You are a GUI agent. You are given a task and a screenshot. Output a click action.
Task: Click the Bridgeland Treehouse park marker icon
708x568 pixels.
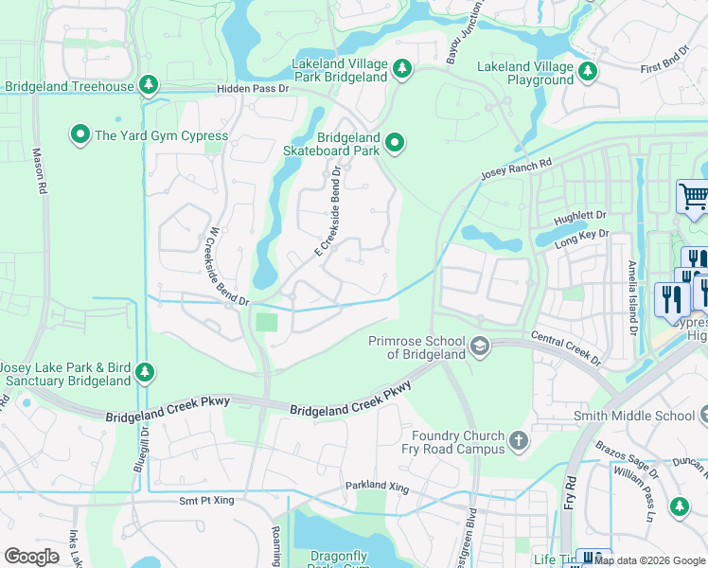pyautogui.click(x=149, y=86)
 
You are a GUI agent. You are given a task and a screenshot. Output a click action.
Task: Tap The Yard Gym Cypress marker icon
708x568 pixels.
pyautogui.click(x=80, y=135)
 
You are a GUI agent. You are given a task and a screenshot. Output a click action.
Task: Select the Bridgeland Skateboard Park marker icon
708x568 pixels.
pyautogui.click(x=395, y=144)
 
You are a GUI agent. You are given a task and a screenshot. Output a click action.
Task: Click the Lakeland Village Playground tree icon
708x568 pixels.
pyautogui.click(x=588, y=71)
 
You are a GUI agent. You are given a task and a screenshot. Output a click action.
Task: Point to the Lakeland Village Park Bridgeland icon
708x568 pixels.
pyautogui.click(x=401, y=68)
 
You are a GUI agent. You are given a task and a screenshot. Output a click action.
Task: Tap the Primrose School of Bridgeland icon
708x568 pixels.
pyautogui.click(x=481, y=346)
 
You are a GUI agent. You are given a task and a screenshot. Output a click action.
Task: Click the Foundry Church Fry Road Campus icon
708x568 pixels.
pyautogui.click(x=518, y=440)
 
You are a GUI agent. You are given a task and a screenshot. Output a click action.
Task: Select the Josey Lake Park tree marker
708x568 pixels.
pyautogui.click(x=145, y=371)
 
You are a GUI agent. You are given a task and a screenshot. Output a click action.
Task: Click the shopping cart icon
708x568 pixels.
pyautogui.click(x=693, y=197)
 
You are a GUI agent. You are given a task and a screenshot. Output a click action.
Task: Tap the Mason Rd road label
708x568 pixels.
pyautogui.click(x=40, y=170)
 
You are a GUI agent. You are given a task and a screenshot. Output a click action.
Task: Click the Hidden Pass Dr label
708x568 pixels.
pyautogui.click(x=252, y=88)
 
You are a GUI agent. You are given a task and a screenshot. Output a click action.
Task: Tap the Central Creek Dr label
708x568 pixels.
pyautogui.click(x=566, y=347)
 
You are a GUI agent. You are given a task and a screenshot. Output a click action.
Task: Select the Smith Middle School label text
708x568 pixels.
pyautogui.click(x=634, y=416)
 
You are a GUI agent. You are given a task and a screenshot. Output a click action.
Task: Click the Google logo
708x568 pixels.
pyautogui.click(x=31, y=557)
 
